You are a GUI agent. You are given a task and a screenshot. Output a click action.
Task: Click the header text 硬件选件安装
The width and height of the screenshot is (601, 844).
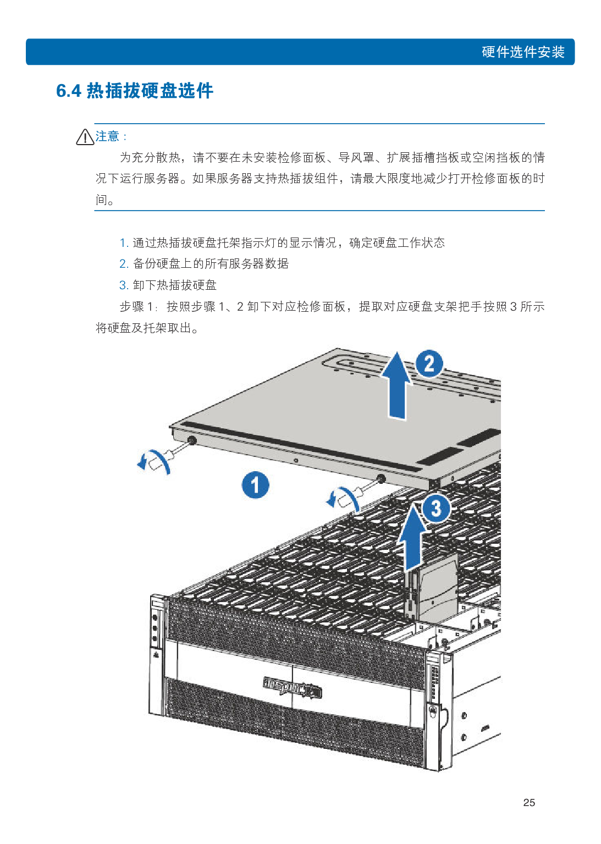coord(522,52)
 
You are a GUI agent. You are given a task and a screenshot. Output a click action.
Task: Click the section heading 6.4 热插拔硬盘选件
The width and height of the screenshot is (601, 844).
coord(135,91)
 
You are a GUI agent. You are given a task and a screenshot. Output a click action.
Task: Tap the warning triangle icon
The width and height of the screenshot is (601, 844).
coord(85,137)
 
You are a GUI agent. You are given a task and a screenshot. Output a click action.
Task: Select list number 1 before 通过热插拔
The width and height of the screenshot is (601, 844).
coord(124,242)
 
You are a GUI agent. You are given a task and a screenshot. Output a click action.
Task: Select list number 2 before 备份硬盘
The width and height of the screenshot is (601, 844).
coord(124,264)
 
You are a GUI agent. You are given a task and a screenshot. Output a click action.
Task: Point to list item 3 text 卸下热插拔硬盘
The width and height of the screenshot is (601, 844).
coord(175,285)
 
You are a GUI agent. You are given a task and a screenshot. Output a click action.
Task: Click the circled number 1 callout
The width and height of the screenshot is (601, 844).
coord(256,485)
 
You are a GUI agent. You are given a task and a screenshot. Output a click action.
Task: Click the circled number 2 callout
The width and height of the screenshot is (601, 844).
coord(429,363)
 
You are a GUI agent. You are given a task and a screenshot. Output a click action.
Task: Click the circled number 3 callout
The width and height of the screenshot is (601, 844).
coord(436,508)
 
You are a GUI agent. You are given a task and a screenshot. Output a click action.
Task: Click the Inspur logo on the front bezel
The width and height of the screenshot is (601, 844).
coord(292,687)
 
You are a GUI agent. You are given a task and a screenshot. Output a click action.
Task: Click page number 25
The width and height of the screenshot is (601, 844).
coord(529,803)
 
